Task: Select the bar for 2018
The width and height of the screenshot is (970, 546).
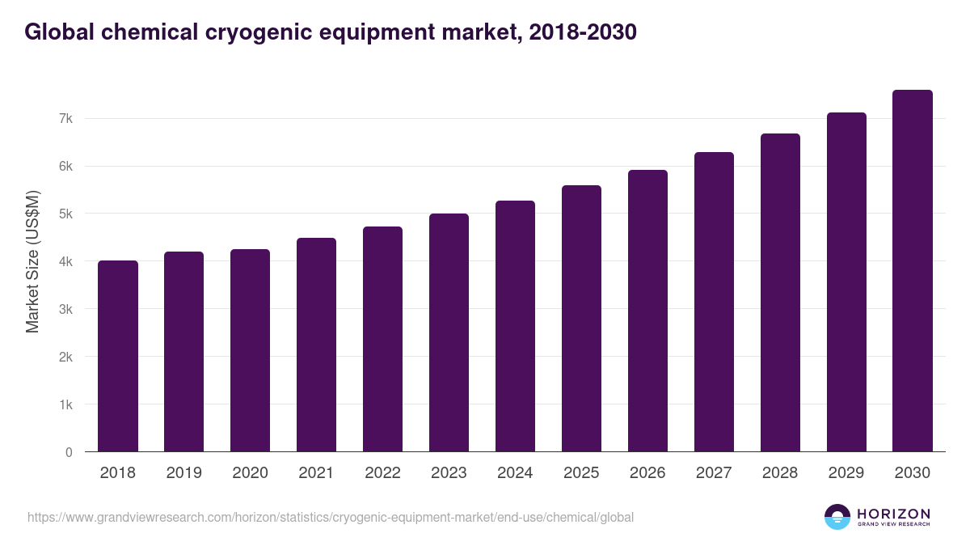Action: point(118,356)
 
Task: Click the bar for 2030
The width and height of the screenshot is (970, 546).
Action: point(913,271)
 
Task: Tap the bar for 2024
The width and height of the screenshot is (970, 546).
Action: point(515,326)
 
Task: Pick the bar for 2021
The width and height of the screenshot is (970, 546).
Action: point(316,345)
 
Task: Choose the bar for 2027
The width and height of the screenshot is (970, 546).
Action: point(714,302)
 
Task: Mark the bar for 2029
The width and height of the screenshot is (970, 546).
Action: point(846,282)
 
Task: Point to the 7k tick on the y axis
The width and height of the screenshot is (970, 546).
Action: point(65,119)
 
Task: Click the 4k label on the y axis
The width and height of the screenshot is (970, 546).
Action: point(65,262)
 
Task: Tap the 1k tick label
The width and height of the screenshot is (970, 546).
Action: point(65,404)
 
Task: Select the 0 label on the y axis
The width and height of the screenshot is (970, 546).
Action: point(69,452)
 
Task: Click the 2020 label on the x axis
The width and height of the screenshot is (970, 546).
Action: point(250,473)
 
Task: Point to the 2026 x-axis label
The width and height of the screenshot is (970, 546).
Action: point(647,473)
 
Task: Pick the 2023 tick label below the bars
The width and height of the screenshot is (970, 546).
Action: point(449,473)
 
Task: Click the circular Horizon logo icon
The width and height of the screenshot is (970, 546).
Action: point(837,517)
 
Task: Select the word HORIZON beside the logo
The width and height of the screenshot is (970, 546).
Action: point(893,513)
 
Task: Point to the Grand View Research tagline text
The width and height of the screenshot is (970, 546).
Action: point(893,525)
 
